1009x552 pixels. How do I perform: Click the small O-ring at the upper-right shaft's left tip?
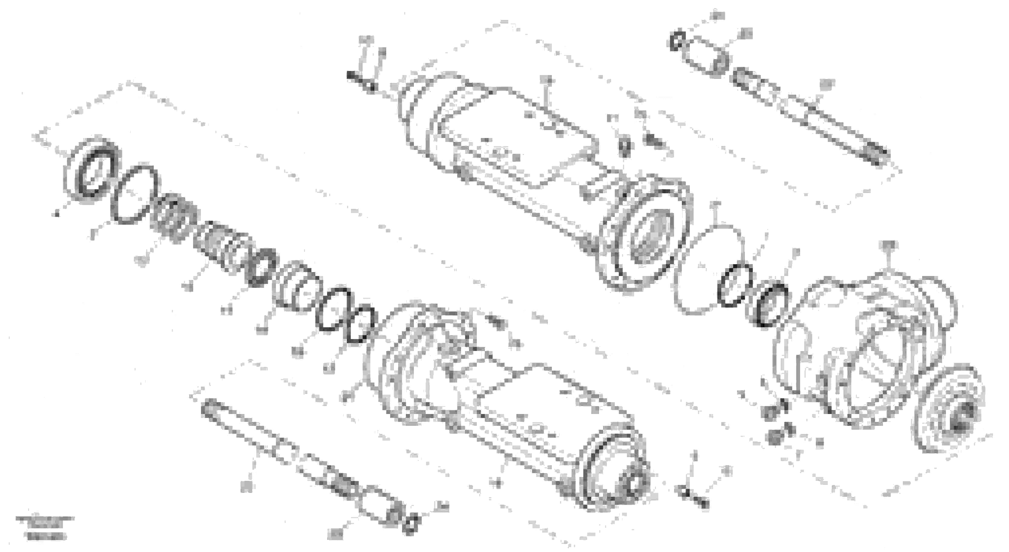[677, 41]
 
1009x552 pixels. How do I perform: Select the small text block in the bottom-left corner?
[45, 527]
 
